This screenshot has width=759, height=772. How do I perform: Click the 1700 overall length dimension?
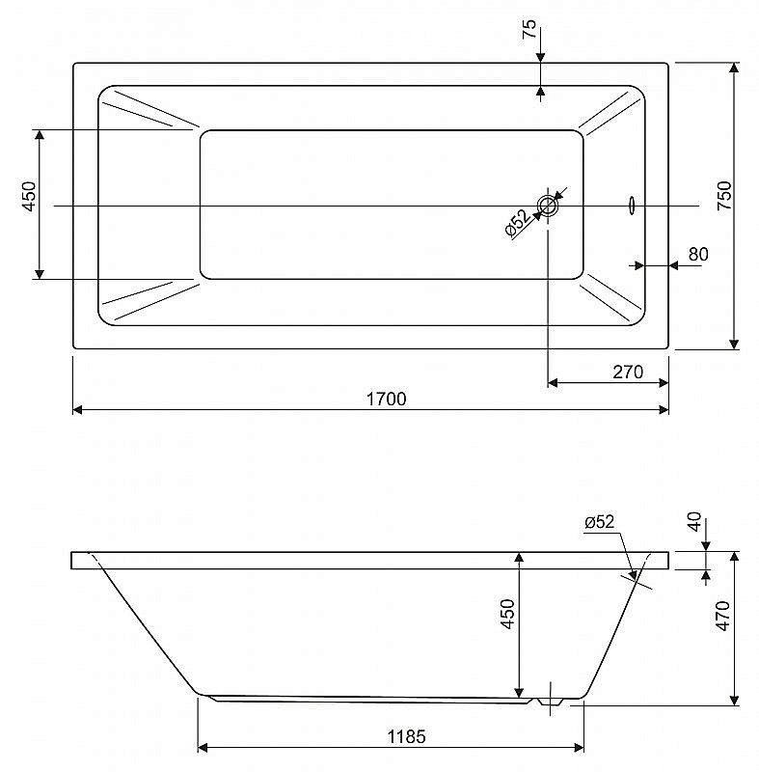coord(386,399)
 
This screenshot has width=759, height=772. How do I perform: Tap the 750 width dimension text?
coord(724,196)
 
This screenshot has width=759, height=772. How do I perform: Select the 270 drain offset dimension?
coord(628,372)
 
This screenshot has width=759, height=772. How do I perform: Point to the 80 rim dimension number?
coord(698,254)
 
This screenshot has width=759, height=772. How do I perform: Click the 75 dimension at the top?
coord(529,29)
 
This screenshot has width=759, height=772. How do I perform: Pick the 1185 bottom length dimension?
coord(406,736)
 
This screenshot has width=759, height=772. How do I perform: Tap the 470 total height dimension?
coord(723,616)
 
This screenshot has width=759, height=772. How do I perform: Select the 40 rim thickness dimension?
coord(693,521)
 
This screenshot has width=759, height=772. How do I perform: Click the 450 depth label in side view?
coord(507,614)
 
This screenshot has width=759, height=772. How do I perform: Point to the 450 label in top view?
coord(29,196)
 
